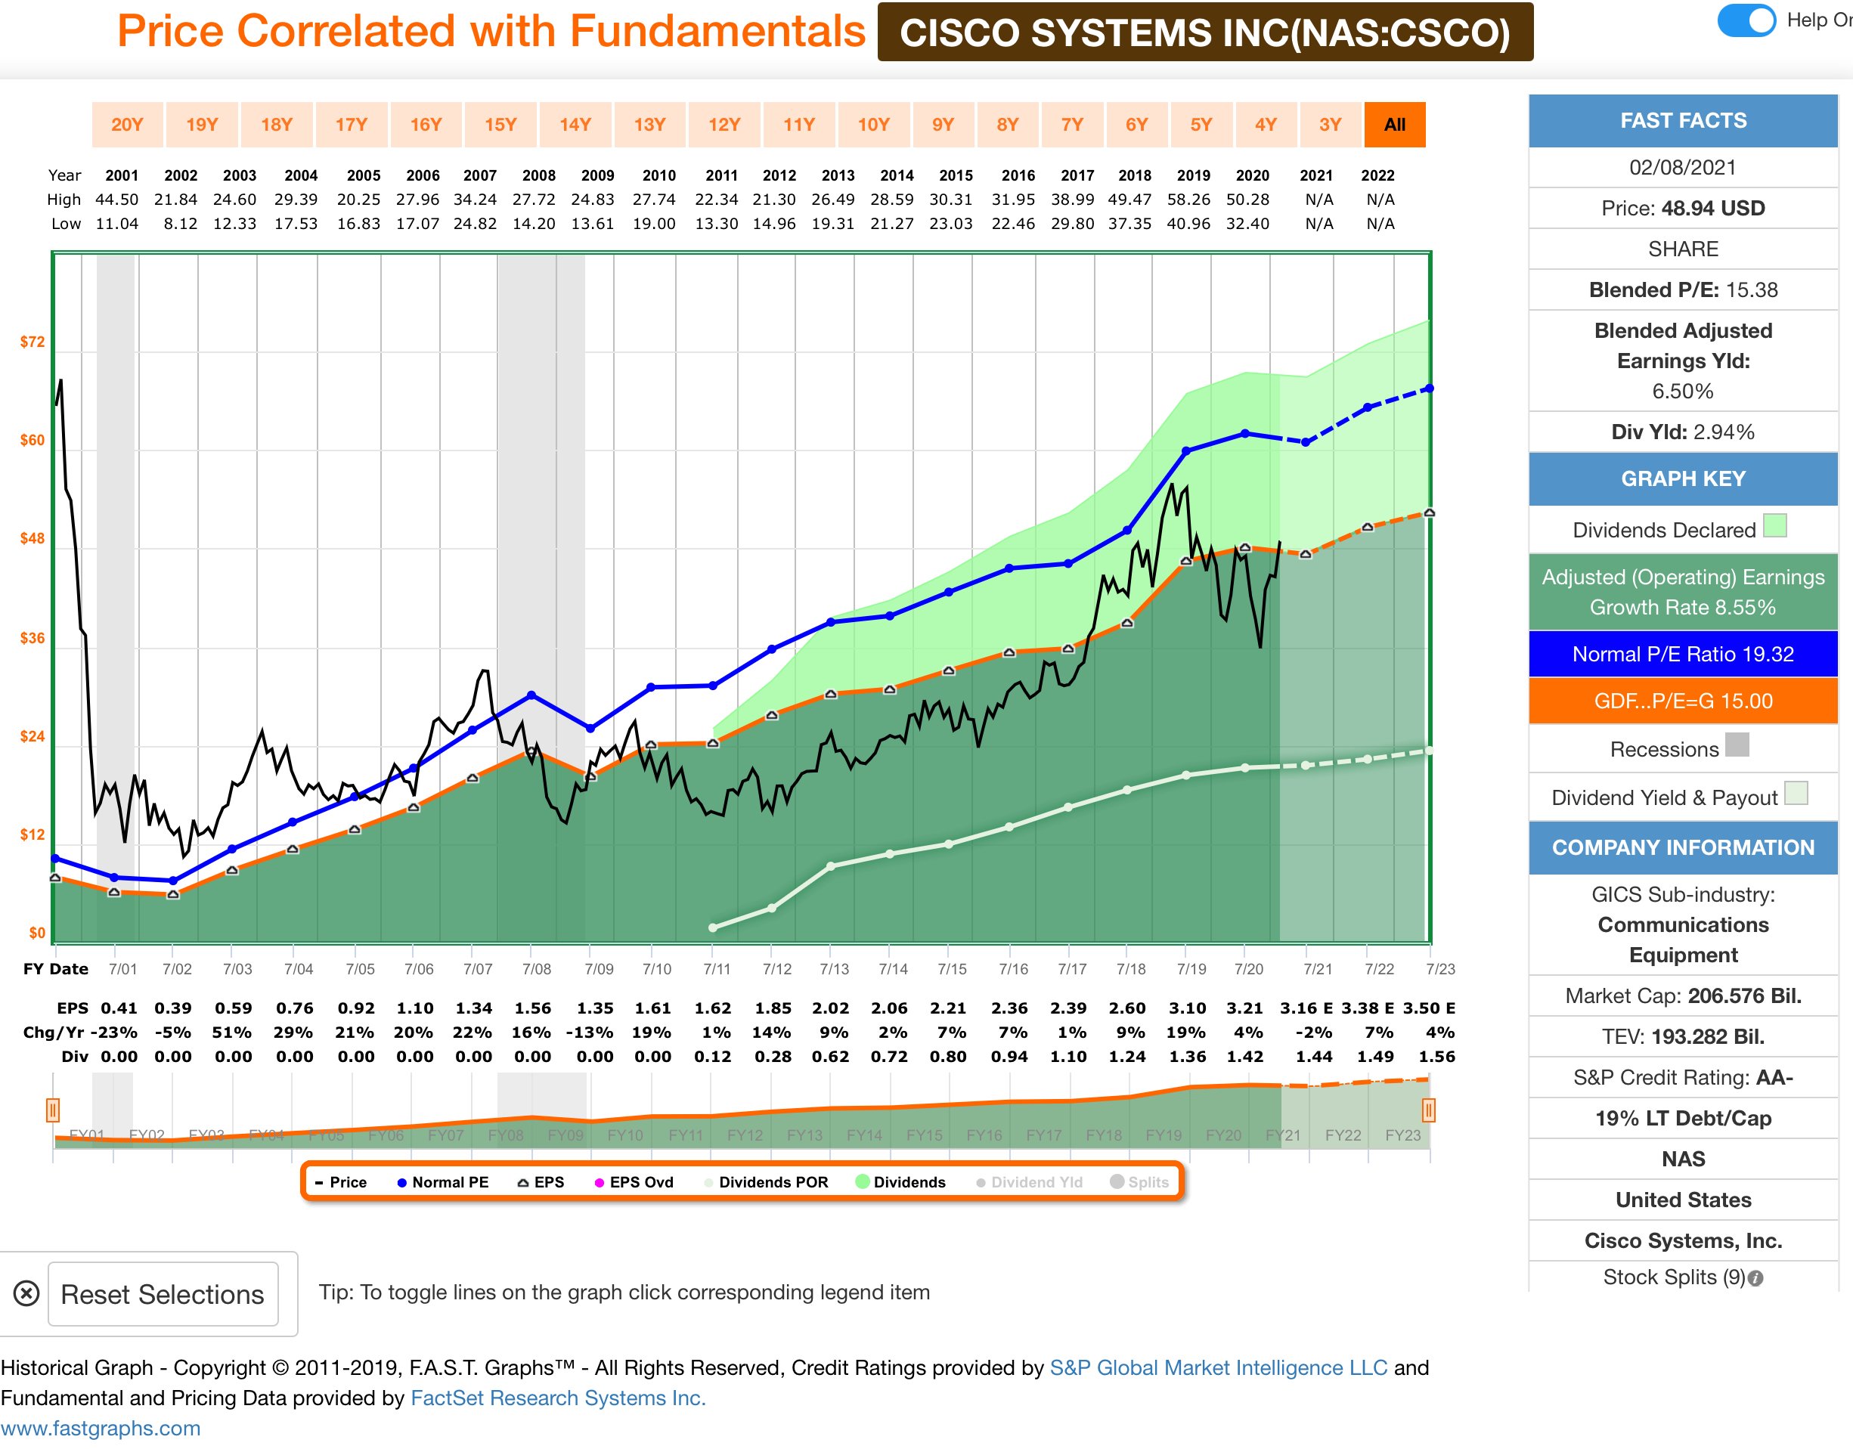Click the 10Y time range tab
point(873,125)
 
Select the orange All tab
point(1394,125)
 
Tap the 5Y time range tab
point(1201,125)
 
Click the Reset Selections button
point(163,1294)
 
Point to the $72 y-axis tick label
point(33,342)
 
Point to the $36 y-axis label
point(33,638)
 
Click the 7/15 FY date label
point(952,969)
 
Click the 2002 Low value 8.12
point(180,224)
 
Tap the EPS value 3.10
point(1187,1008)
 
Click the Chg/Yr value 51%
point(231,1033)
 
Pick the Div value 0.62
point(831,1057)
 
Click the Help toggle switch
point(1746,20)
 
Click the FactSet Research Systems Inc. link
point(557,1398)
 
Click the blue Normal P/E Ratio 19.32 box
point(1682,654)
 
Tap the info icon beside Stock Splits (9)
point(1755,1278)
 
